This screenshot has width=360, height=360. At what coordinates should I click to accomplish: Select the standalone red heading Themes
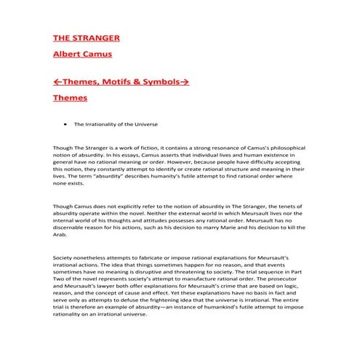(71, 97)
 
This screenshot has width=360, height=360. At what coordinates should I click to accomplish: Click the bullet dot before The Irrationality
(66, 124)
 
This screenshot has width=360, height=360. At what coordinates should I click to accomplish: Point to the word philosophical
(284, 148)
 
